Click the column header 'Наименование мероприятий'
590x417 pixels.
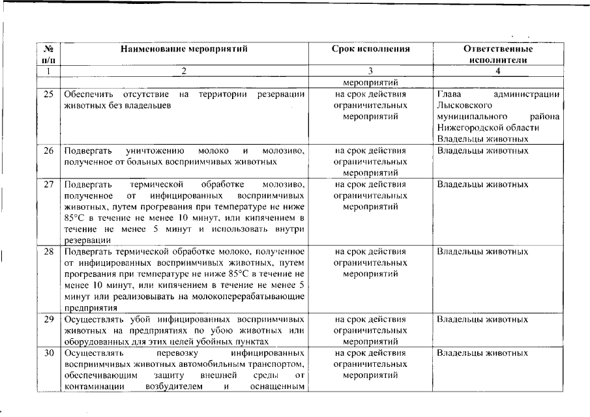(x=184, y=49)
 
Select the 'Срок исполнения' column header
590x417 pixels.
(x=370, y=49)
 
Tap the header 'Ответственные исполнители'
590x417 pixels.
(x=497, y=54)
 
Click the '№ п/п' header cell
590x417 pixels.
(x=48, y=54)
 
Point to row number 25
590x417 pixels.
(x=48, y=94)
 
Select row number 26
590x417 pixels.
(x=48, y=151)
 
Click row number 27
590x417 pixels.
(x=48, y=184)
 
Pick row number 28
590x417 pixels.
(x=48, y=252)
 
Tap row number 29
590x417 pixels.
(x=48, y=320)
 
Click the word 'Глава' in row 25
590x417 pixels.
(x=449, y=94)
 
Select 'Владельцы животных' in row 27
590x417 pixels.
(x=482, y=184)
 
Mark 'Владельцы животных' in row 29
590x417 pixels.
(x=482, y=320)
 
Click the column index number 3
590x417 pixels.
(x=370, y=70)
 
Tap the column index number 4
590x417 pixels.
(x=497, y=70)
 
